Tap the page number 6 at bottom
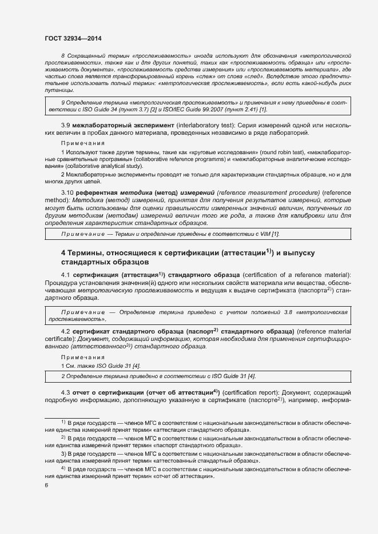(46, 485)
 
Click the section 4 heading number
(63, 252)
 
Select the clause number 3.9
(66, 125)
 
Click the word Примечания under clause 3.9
(82, 143)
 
